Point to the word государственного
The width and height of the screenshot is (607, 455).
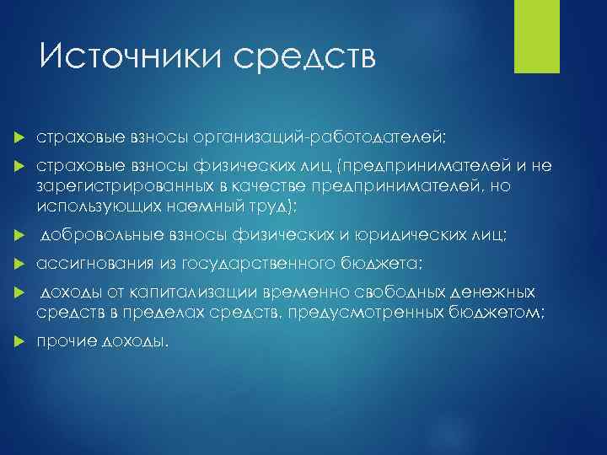point(255,265)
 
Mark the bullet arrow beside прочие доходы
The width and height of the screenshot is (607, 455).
point(19,343)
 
